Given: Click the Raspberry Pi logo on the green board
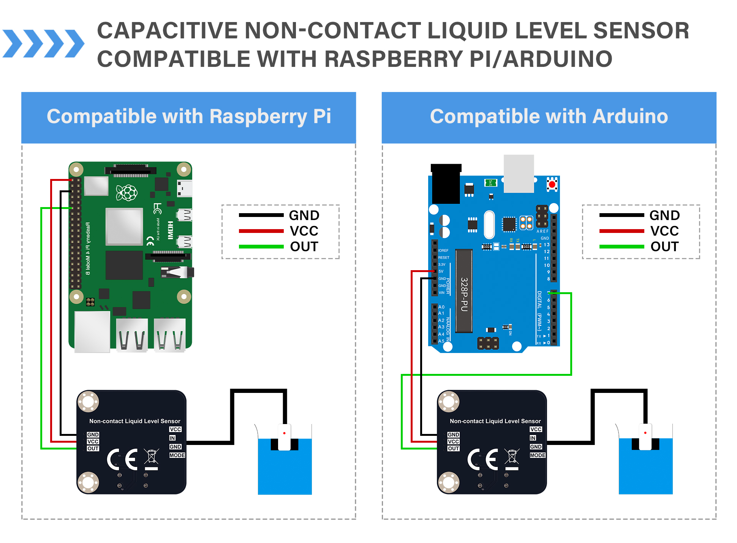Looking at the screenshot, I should (127, 193).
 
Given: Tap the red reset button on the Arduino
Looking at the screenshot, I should (552, 184).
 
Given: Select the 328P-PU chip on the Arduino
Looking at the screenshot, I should (464, 291).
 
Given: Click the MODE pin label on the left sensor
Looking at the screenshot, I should (177, 455).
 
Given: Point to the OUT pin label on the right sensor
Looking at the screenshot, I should (454, 448).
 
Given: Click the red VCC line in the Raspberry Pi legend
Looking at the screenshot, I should (261, 231).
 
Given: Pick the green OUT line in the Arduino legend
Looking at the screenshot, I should (622, 247).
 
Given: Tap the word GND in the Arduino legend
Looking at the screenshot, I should (664, 215).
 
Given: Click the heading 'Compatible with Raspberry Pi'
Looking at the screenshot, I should (189, 116).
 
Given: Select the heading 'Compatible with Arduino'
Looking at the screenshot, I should (549, 116).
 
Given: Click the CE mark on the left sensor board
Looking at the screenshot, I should (122, 459).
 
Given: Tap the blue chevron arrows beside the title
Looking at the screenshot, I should (43, 43).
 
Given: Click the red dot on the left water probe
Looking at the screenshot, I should (284, 433).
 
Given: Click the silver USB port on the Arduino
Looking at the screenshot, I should (519, 174).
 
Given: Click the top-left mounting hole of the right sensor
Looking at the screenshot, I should (449, 401).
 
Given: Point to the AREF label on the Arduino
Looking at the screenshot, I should (542, 231).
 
